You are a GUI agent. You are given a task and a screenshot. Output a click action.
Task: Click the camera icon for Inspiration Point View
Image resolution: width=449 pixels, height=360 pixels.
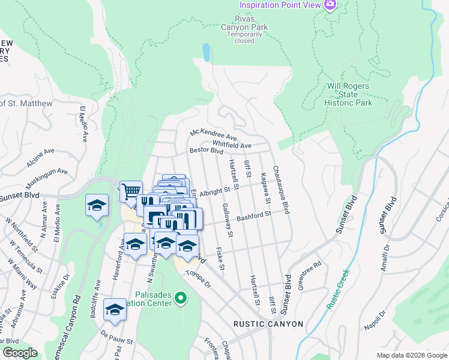330,5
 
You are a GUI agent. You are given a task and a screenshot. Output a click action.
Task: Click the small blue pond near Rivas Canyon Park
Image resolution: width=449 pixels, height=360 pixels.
206,53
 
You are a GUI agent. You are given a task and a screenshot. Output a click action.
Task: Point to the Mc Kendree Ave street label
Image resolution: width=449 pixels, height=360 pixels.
214,134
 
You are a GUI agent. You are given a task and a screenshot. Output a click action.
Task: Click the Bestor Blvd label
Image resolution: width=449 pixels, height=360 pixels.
206,151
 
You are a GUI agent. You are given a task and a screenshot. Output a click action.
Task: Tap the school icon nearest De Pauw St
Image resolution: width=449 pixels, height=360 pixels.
115,310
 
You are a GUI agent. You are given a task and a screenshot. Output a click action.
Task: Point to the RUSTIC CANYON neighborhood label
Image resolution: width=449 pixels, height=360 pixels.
268,324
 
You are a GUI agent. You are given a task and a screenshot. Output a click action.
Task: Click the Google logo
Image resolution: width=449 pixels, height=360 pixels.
20,353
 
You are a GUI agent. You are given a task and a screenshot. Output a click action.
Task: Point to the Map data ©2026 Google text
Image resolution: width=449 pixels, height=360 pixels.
411,355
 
